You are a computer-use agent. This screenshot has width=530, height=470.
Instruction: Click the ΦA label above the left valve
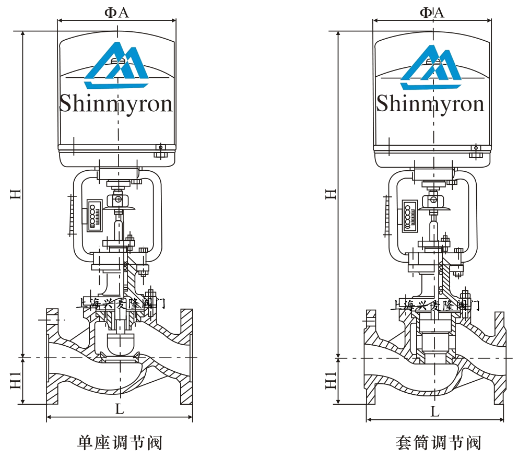click(x=116, y=12)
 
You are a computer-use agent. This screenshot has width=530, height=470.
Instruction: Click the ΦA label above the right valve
click(x=432, y=12)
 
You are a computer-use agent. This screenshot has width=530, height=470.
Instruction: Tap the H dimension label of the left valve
click(x=16, y=193)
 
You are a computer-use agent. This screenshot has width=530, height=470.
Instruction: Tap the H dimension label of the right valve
click(x=331, y=193)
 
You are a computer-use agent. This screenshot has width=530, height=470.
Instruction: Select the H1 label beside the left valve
click(x=16, y=381)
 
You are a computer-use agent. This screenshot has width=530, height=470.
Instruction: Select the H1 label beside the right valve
click(x=331, y=381)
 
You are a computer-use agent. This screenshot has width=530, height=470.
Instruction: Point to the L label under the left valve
click(x=120, y=409)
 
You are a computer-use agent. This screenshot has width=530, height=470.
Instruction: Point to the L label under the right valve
click(x=435, y=412)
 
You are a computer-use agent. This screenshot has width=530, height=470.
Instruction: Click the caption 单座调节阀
click(x=120, y=443)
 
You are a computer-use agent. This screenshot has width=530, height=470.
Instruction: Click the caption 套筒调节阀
click(x=438, y=443)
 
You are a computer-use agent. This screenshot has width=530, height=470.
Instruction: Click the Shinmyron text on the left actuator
click(x=115, y=103)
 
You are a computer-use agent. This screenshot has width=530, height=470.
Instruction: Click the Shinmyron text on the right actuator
click(x=430, y=103)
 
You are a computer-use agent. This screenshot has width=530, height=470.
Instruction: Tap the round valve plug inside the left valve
click(x=119, y=343)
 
